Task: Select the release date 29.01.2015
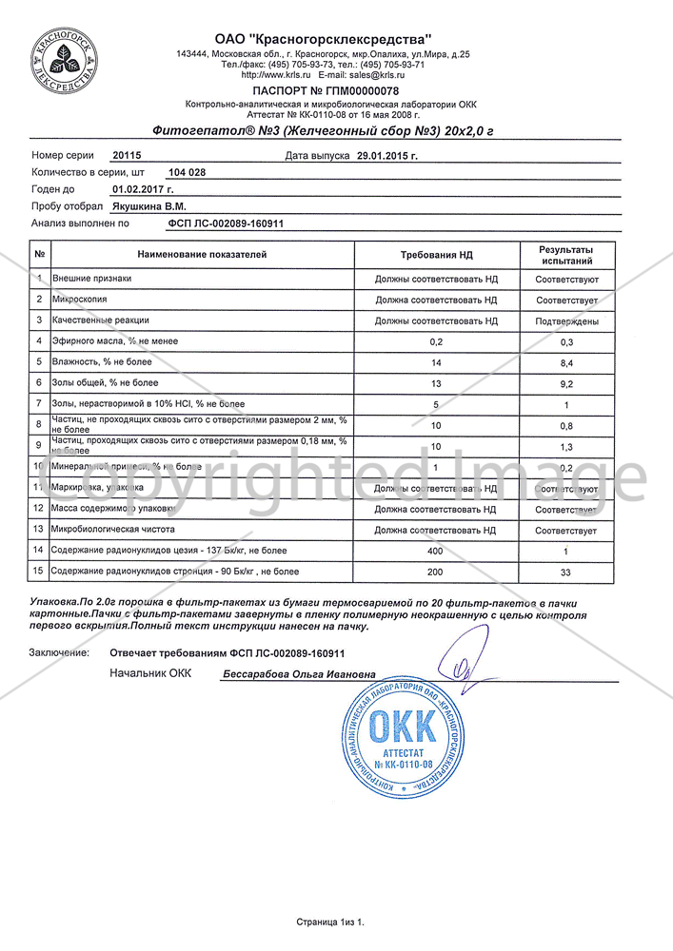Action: point(386,154)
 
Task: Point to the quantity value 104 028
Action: point(186,172)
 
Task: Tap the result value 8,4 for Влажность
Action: point(566,362)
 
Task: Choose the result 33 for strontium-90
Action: point(566,572)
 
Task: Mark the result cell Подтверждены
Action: point(566,320)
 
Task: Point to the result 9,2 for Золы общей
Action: point(566,383)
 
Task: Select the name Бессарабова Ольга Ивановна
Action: point(299,674)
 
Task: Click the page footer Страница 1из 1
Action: point(330,922)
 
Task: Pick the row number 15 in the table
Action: point(39,572)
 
